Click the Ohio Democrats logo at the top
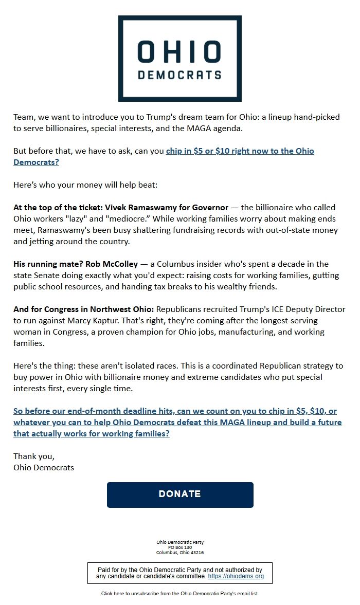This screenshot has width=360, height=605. point(179,58)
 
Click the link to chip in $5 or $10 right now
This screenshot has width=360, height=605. point(240,151)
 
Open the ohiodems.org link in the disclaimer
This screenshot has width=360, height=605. point(236,577)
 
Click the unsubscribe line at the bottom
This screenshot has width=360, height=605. point(179,594)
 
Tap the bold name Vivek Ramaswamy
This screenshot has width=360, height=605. point(166,208)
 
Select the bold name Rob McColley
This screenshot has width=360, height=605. point(112,264)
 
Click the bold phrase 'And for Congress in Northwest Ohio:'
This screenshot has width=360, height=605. point(83,309)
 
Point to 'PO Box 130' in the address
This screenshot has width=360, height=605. point(179,547)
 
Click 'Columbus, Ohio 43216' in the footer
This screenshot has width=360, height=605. point(179,553)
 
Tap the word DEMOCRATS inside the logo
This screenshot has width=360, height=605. point(179,75)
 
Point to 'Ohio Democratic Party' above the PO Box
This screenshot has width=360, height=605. point(179,542)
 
